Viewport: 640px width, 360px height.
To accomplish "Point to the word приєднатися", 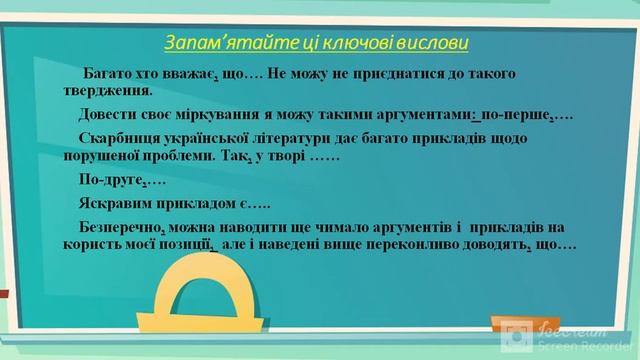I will [x=392, y=75].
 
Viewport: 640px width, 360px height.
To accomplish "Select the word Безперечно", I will [x=125, y=227].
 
